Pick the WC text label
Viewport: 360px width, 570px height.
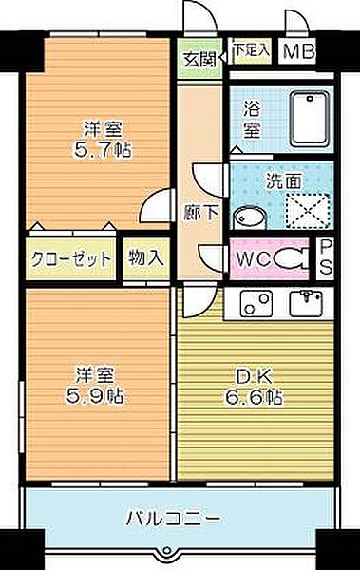pos(251,257)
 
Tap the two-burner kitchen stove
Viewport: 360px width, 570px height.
pos(256,304)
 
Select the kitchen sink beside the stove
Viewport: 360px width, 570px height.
pos(305,304)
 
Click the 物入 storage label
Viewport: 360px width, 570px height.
pos(145,256)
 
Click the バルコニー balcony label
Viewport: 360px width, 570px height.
pos(180,519)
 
